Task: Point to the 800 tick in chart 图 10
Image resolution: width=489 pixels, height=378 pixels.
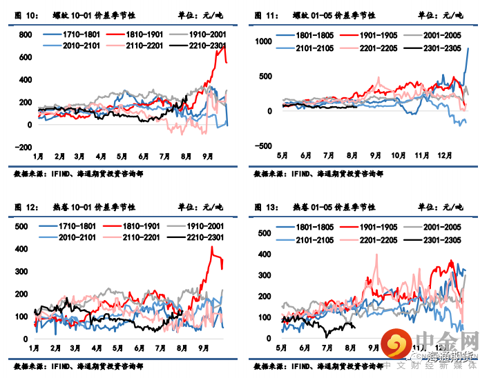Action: (25, 34)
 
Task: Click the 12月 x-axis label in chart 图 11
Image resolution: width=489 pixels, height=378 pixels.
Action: (443, 157)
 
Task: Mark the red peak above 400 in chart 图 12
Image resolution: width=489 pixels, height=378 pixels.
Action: (212, 247)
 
